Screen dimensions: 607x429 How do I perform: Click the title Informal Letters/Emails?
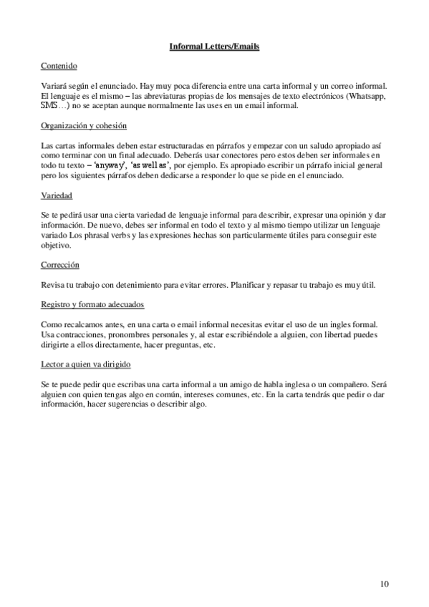click(x=214, y=47)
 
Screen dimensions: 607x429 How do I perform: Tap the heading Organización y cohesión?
click(x=85, y=126)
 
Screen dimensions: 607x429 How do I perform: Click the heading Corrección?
click(x=59, y=264)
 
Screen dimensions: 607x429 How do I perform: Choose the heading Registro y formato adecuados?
click(x=93, y=304)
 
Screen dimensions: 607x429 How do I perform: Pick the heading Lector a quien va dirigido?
click(x=86, y=364)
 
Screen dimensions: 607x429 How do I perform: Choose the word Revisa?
click(x=54, y=285)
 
